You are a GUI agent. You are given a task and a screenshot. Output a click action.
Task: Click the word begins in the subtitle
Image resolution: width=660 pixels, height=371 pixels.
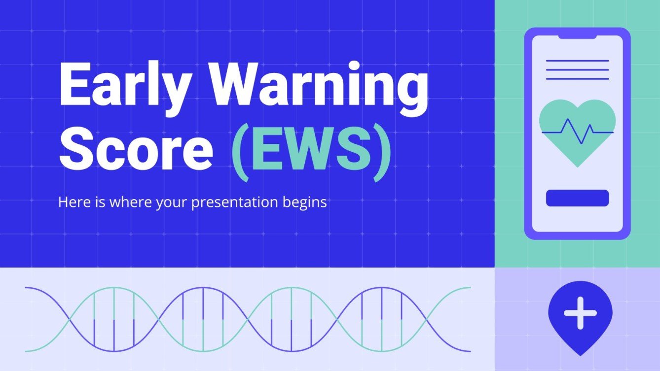(305, 203)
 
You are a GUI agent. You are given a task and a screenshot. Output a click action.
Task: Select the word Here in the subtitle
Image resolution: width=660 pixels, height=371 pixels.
(72, 202)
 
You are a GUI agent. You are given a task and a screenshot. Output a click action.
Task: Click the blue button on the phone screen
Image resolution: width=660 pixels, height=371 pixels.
(577, 198)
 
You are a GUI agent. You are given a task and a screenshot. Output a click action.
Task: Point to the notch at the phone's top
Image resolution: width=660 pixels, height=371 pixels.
(577, 36)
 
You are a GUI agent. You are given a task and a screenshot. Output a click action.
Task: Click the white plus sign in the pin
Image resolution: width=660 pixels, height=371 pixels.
(580, 313)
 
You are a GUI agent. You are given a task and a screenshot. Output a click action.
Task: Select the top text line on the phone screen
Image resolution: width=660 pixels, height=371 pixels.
(577, 61)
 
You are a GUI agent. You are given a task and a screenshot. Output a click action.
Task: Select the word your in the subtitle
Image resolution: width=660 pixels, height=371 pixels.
(173, 203)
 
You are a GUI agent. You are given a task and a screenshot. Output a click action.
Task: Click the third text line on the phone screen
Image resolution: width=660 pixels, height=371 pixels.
(577, 79)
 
